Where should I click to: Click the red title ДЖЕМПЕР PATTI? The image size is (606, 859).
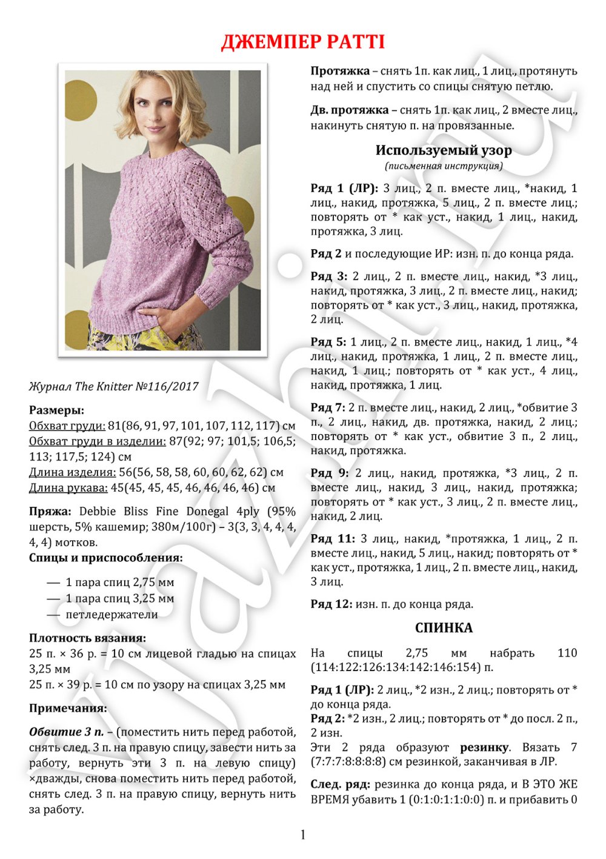[x=302, y=42]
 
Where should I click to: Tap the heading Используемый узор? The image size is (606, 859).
[x=444, y=150]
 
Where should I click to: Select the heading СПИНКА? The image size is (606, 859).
[x=444, y=628]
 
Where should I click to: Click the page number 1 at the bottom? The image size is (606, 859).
[x=303, y=835]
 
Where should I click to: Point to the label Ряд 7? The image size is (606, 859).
[x=328, y=407]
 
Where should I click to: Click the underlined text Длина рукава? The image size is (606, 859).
[x=68, y=488]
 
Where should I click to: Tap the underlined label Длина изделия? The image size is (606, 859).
[x=72, y=472]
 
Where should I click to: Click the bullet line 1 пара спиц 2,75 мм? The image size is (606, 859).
[x=119, y=583]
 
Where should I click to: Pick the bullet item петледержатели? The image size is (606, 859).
[x=112, y=615]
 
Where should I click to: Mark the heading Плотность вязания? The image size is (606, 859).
[x=87, y=638]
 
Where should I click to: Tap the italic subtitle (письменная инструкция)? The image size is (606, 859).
[x=444, y=166]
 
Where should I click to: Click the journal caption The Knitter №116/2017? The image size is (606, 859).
[x=113, y=386]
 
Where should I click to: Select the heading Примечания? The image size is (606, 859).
[x=68, y=708]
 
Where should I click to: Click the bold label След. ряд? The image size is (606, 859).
[x=341, y=784]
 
